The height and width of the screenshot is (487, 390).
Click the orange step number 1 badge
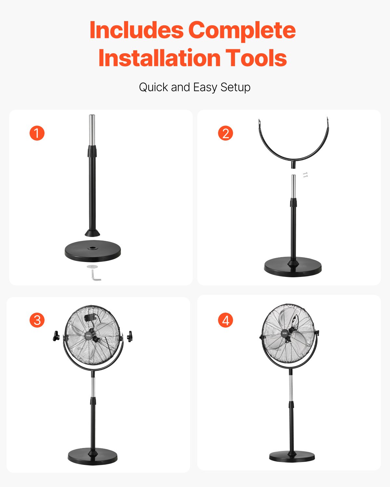point(37,133)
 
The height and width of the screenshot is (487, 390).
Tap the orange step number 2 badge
point(226,133)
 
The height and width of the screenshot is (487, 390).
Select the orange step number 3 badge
point(37,320)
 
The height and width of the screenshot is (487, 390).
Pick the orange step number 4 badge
point(226,320)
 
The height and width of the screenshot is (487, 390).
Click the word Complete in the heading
point(242,30)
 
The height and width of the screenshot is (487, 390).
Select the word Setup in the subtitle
point(235,88)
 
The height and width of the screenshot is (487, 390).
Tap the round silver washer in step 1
point(92,267)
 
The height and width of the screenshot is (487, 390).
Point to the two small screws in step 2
point(305,175)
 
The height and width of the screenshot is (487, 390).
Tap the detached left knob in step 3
point(56,336)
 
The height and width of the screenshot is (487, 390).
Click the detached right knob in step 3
point(130,336)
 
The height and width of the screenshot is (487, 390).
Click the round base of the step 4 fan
point(292,456)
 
